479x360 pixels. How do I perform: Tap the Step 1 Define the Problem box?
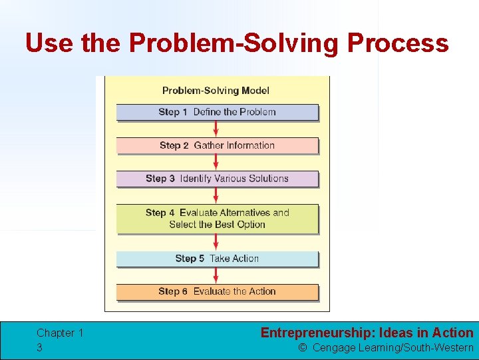pyautogui.click(x=217, y=112)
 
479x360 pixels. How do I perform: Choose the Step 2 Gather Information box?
pyautogui.click(x=217, y=145)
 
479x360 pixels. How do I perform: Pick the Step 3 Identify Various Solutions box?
pyautogui.click(x=217, y=179)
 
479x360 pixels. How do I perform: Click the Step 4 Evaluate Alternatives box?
pyautogui.click(x=217, y=219)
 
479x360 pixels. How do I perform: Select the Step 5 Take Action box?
pyautogui.click(x=217, y=259)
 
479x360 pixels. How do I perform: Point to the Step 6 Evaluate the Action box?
pyautogui.click(x=217, y=291)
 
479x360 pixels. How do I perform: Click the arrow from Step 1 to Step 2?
pyautogui.click(x=216, y=129)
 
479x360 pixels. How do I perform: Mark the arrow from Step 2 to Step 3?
pyautogui.click(x=216, y=162)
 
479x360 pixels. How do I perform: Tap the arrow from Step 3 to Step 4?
pyautogui.click(x=216, y=195)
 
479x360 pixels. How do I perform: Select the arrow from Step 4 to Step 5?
pyautogui.click(x=216, y=242)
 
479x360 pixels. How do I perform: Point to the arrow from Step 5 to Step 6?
pyautogui.click(x=216, y=275)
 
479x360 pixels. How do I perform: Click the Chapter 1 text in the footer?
pyautogui.click(x=60, y=333)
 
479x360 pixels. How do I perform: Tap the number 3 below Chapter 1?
pyautogui.click(x=40, y=347)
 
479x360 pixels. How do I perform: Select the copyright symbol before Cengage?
pyautogui.click(x=303, y=347)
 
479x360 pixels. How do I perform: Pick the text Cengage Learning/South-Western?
pyautogui.click(x=393, y=347)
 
